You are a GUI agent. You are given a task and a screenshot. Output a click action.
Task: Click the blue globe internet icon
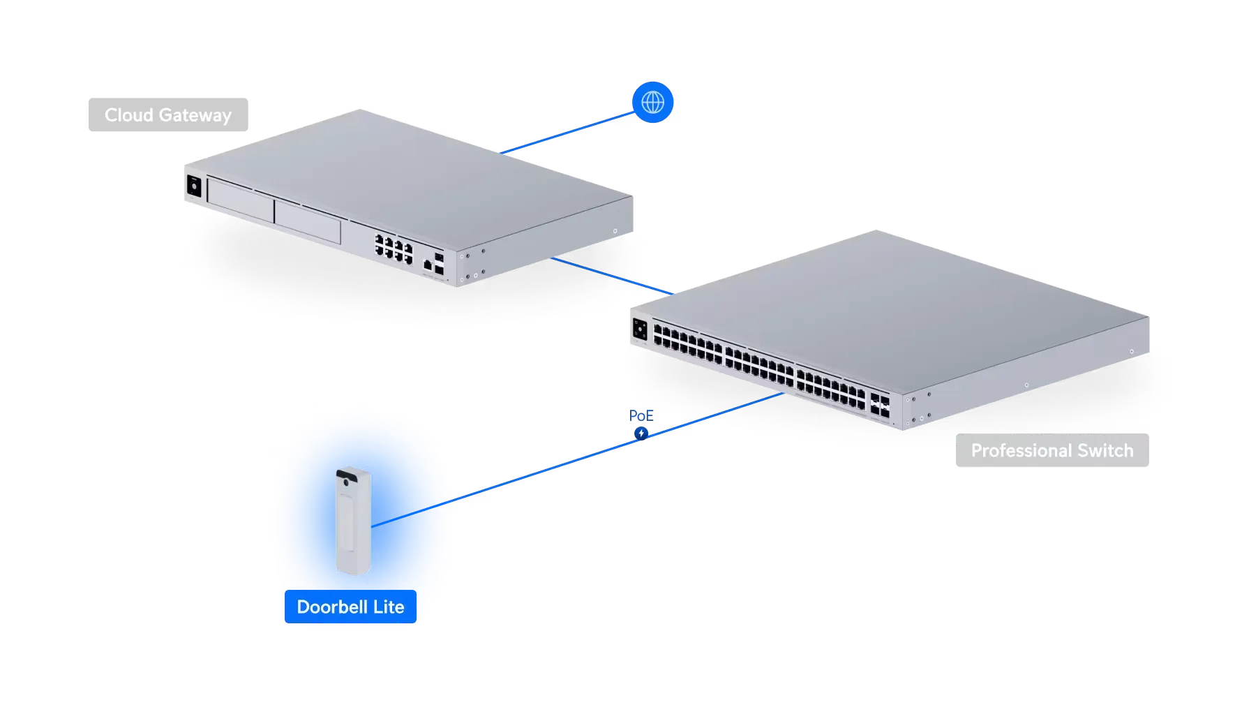652,102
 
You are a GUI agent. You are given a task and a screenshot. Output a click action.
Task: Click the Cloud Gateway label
167,115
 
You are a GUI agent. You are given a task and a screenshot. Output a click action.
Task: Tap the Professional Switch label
1052,451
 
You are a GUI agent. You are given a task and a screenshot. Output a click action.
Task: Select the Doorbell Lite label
350,607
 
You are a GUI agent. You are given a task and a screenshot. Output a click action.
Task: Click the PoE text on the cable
641,417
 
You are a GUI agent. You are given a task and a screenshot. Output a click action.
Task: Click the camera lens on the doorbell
347,480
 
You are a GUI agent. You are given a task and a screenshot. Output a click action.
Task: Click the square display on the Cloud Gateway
193,187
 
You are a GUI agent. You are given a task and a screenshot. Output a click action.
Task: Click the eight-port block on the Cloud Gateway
394,249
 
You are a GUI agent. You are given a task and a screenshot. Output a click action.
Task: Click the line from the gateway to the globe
565,133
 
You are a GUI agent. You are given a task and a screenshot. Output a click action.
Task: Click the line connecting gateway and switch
611,276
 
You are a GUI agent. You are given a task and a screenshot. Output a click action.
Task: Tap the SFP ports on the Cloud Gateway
439,263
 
